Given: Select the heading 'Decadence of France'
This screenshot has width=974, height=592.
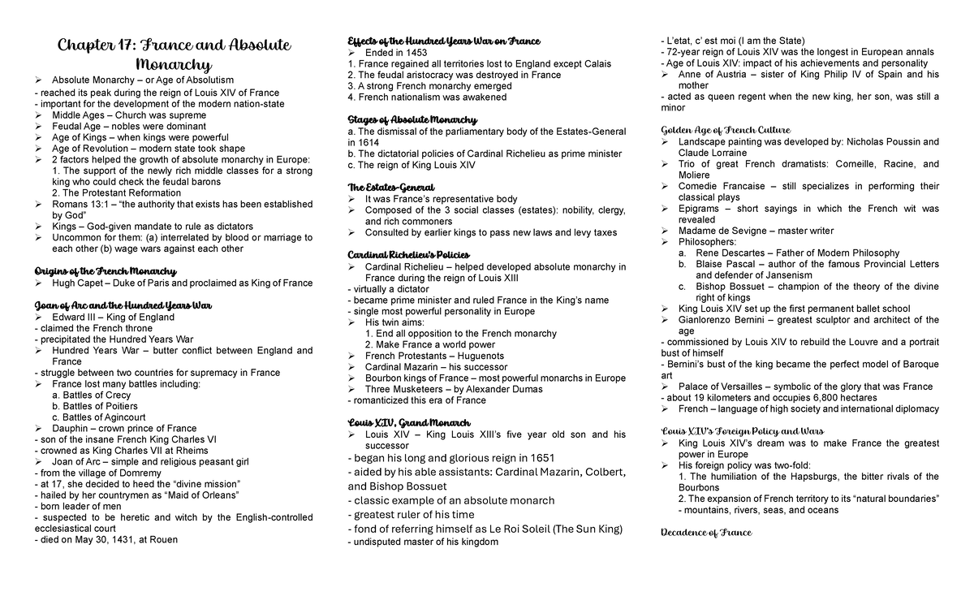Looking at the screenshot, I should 706,533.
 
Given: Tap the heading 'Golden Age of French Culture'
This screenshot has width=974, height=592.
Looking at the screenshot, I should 726,130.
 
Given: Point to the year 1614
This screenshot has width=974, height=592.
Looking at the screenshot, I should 367,141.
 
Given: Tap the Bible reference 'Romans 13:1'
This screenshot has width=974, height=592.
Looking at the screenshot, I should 80,205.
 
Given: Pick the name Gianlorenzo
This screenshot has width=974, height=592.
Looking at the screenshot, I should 713,320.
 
